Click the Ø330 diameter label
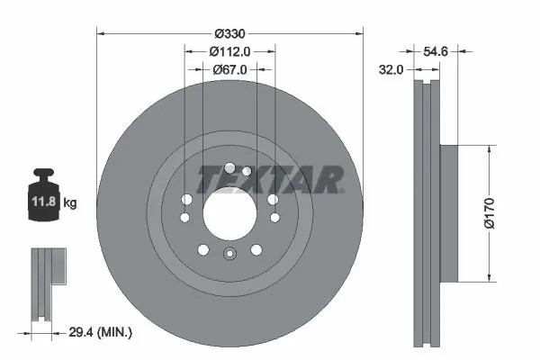coord(229,34)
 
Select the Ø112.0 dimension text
coord(229,51)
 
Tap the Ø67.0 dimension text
coord(229,69)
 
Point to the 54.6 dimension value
coord(436,51)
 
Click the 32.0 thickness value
coord(391,70)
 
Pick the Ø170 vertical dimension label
coord(489,213)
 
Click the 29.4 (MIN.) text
coord(100,332)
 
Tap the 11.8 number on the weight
coord(44,202)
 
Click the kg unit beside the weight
coord(70,202)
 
